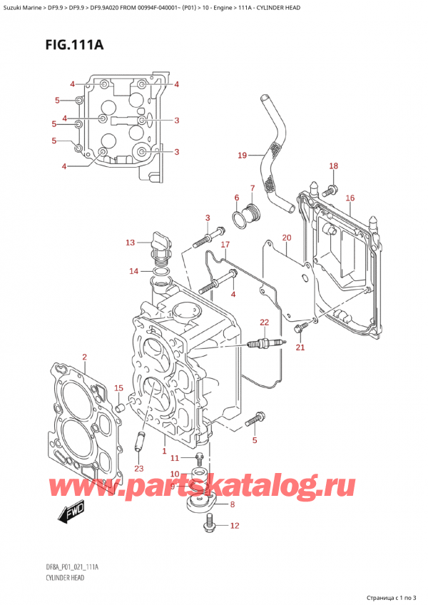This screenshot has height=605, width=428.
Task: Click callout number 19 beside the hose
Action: click(243, 154)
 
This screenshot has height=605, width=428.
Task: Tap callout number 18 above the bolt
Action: click(333, 166)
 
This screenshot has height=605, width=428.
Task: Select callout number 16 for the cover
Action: click(350, 198)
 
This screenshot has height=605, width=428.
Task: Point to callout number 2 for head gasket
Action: click(84, 357)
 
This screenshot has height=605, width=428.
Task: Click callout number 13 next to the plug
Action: click(131, 243)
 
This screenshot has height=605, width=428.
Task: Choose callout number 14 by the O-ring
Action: click(134, 271)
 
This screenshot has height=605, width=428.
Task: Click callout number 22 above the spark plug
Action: click(264, 323)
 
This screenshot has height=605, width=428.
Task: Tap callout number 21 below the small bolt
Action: click(300, 347)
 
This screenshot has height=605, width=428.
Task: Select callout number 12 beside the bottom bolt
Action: click(235, 526)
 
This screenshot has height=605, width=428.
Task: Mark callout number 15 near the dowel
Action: click(119, 389)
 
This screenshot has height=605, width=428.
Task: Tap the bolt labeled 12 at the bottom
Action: click(209, 526)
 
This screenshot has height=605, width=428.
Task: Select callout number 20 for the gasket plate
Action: click(286, 238)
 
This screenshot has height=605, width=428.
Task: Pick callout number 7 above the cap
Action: click(251, 188)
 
